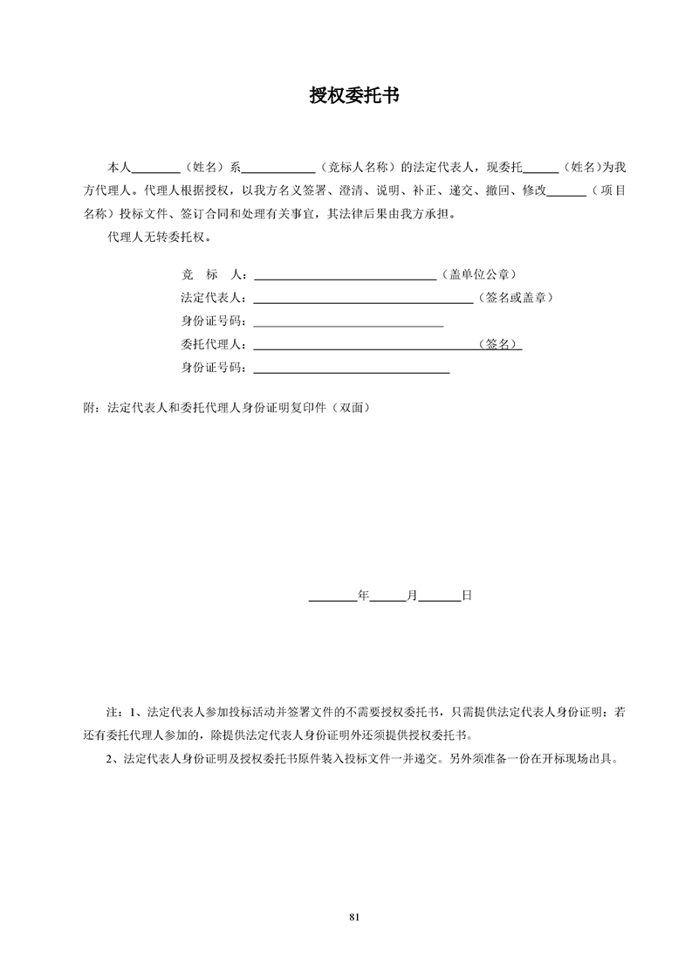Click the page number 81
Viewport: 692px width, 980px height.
pos(354,916)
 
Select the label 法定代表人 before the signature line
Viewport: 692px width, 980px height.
pos(213,298)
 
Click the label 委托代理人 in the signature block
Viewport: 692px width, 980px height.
pos(213,344)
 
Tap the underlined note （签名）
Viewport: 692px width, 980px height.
pos(499,344)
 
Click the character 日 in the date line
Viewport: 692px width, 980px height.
pos(467,596)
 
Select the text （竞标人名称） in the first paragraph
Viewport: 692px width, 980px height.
pos(357,166)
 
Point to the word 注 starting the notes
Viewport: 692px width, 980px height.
pos(111,712)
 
